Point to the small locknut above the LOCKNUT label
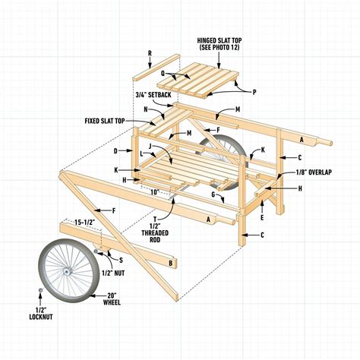click(38, 290)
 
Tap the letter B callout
click(172, 264)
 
